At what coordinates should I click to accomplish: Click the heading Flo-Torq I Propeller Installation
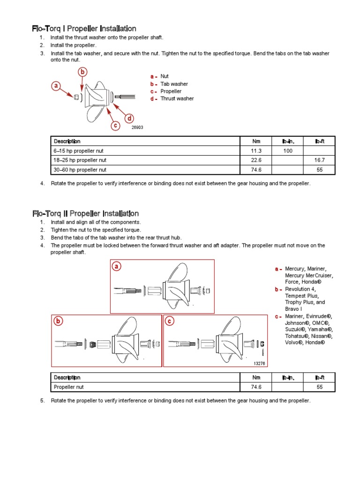tap(84, 29)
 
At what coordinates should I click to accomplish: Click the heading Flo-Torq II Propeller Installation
tap(85, 213)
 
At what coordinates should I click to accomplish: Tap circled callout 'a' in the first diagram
tap(57, 86)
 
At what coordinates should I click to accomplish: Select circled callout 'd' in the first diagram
tap(128, 118)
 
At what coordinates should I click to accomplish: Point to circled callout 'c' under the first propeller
tap(115, 125)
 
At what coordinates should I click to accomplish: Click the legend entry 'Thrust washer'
tap(177, 98)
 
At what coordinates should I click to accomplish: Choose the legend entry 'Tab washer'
tap(174, 84)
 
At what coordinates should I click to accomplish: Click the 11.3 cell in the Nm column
tap(256, 150)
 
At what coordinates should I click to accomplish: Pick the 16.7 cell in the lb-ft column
tap(320, 160)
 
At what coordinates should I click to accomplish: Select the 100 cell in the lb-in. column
tap(288, 150)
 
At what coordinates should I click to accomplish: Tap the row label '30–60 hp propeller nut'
tap(80, 170)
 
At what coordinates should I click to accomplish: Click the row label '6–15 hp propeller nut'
tap(79, 150)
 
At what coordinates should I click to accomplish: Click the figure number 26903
tap(137, 127)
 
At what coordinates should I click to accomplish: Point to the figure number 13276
tap(259, 363)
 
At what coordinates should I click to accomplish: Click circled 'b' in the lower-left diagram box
tap(58, 321)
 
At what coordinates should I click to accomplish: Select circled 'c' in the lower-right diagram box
tap(170, 321)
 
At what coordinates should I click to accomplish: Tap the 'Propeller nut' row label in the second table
tap(69, 387)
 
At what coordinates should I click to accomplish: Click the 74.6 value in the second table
tap(256, 387)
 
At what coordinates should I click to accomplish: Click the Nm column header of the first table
tap(256, 141)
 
